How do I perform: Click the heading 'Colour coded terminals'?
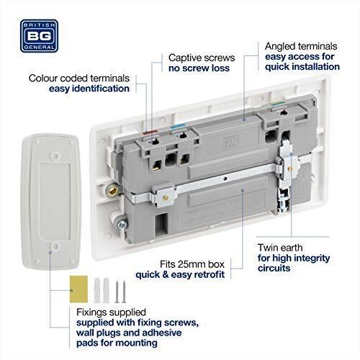(x=79, y=78)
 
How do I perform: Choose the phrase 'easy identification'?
(x=90, y=89)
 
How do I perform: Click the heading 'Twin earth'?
(x=282, y=247)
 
